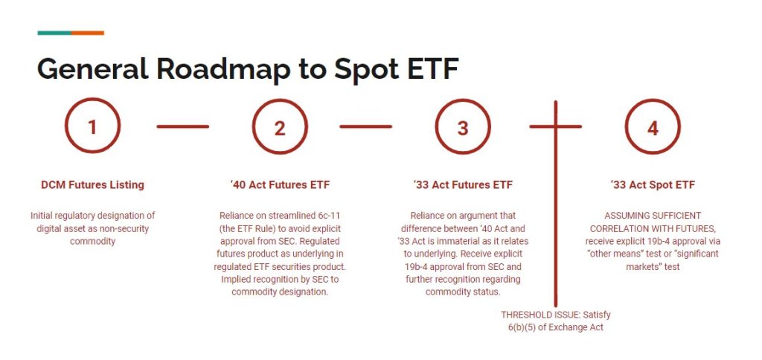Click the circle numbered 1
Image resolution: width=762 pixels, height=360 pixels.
pos(92,127)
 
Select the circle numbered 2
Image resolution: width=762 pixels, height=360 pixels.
pos(280,127)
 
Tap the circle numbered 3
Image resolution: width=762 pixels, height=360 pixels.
pos(463,127)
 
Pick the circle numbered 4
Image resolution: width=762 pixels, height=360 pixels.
pos(653,127)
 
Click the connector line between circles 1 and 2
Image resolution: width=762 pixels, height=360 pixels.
pos(183,126)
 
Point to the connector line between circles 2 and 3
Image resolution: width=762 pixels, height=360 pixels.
pos(365,126)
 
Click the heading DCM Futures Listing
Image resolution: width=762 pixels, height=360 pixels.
pos(92,184)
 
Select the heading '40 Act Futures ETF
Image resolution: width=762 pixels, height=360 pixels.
pos(279,184)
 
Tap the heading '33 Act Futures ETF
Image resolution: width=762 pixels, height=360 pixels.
pos(463,184)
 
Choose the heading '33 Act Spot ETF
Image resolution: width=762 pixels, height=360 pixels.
pos(653,184)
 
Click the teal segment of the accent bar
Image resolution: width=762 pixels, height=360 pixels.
pos(54,33)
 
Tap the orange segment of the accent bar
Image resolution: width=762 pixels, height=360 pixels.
pos(87,33)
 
